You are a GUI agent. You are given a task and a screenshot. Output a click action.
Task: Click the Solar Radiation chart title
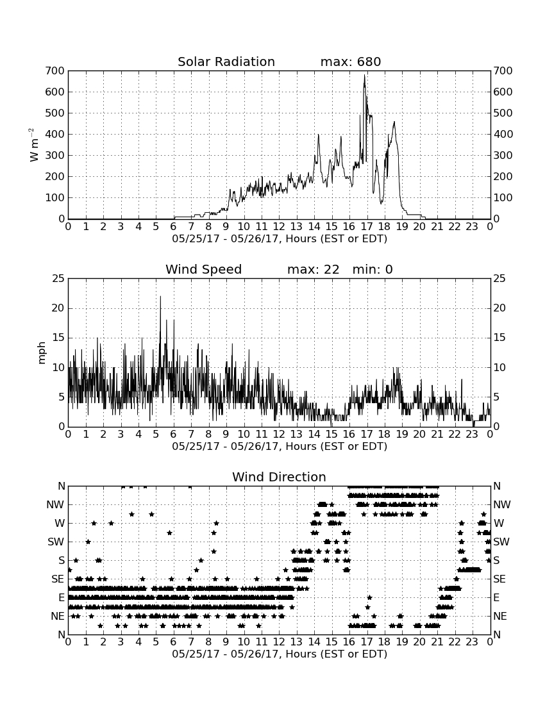pyautogui.click(x=226, y=62)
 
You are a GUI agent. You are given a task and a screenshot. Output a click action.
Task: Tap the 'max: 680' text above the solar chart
pyautogui.click(x=351, y=62)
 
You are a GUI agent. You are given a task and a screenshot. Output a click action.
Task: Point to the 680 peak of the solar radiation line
pyautogui.click(x=364, y=76)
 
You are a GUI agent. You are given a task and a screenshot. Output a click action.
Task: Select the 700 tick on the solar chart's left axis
pyautogui.click(x=55, y=70)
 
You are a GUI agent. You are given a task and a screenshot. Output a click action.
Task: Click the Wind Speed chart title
pyautogui.click(x=204, y=269)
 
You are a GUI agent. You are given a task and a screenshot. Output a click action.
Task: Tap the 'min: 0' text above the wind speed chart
pyautogui.click(x=373, y=269)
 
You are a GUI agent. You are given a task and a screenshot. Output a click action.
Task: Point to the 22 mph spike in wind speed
pyautogui.click(x=160, y=297)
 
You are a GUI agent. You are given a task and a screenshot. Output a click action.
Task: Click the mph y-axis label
pyautogui.click(x=42, y=353)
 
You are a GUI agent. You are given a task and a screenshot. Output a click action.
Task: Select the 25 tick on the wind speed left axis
pyautogui.click(x=59, y=279)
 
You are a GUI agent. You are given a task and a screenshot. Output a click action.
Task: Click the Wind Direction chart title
pyautogui.click(x=279, y=477)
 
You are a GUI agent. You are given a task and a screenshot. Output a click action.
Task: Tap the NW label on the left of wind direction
pyautogui.click(x=55, y=505)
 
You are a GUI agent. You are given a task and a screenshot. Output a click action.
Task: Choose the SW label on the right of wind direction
pyautogui.click(x=501, y=542)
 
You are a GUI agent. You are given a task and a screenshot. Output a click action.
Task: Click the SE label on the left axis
pyautogui.click(x=58, y=579)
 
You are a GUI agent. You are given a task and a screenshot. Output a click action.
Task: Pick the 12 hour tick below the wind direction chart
pyautogui.click(x=279, y=642)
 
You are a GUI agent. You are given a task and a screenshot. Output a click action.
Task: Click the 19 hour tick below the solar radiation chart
pyautogui.click(x=402, y=226)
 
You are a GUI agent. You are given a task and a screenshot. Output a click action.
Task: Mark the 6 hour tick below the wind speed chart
pyautogui.click(x=174, y=434)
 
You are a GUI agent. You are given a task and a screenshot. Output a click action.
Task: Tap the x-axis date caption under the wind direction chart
pyautogui.click(x=280, y=654)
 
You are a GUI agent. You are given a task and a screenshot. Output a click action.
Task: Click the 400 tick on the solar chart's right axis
pyautogui.click(x=503, y=134)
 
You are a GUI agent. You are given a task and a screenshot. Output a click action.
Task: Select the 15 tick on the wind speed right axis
pyautogui.click(x=499, y=338)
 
